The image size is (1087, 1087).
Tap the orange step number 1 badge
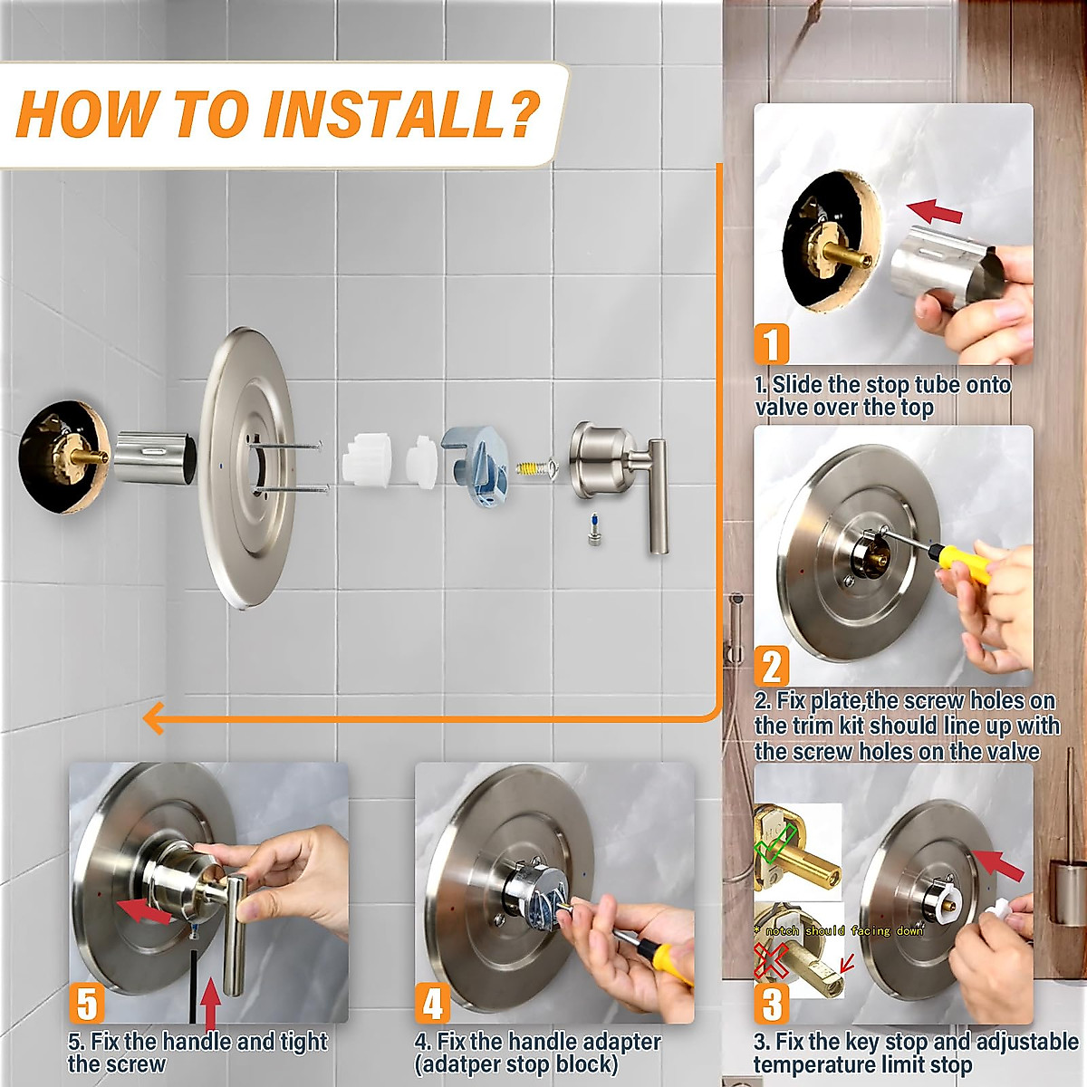771,344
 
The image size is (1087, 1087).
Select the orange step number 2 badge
772,667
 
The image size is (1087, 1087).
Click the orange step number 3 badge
772,1004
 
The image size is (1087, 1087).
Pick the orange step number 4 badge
433,1004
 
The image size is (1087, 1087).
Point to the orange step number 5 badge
87,1004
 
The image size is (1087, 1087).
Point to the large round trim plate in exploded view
246,467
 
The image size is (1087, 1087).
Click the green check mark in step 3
775,841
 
